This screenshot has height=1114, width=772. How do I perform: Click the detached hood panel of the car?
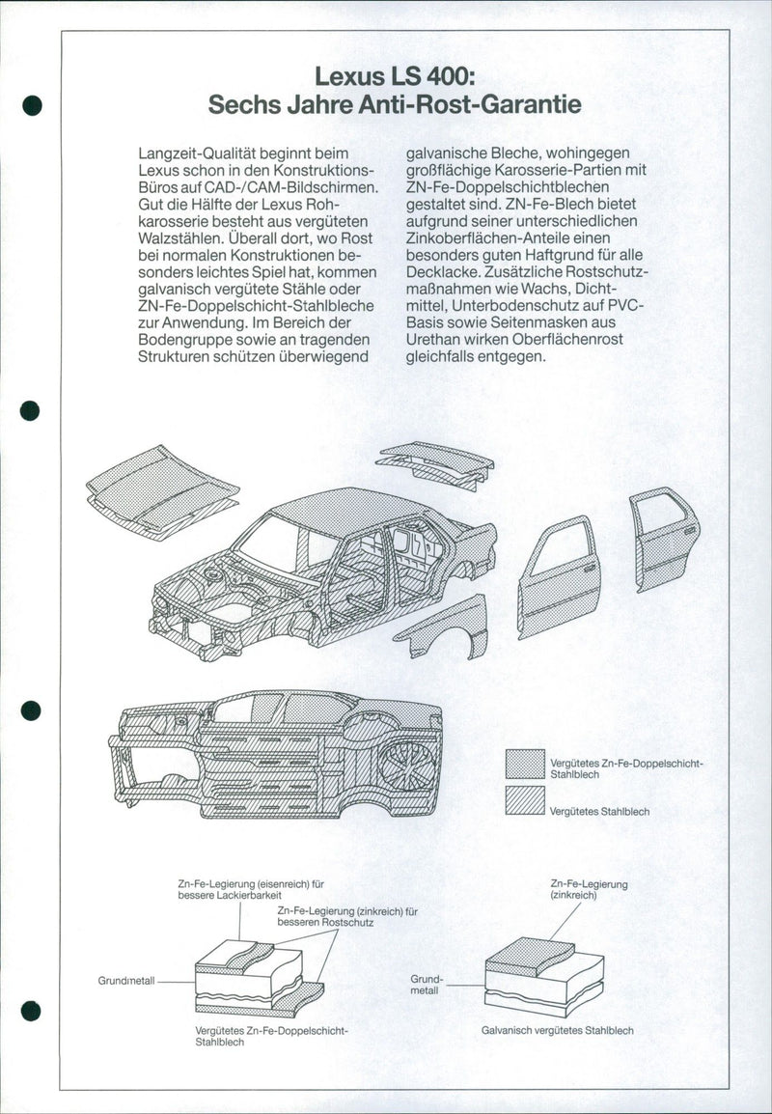[x=162, y=487]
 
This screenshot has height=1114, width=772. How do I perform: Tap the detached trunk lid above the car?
[x=435, y=463]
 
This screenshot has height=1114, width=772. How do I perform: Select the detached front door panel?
[x=559, y=577]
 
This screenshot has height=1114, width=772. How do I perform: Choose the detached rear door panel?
[x=664, y=536]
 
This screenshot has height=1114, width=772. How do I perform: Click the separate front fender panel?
[x=442, y=628]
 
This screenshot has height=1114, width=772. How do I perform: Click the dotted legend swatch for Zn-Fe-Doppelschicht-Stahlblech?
[x=525, y=766]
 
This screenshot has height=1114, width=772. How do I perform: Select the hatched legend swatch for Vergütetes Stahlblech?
[x=525, y=801]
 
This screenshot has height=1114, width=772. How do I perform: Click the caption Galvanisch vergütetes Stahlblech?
[x=557, y=1030]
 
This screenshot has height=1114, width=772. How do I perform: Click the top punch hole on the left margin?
[x=32, y=106]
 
